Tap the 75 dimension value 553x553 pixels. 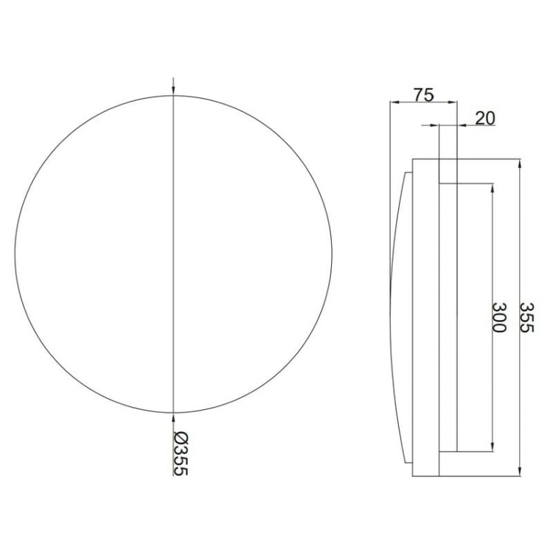pyautogui.click(x=422, y=94)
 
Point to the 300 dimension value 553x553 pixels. pyautogui.click(x=500, y=318)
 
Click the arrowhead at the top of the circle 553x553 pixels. pyautogui.click(x=173, y=91)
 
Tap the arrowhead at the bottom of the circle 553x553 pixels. pyautogui.click(x=173, y=415)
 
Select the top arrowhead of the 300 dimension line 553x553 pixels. pyautogui.click(x=492, y=187)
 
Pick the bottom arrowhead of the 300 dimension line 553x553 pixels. pyautogui.click(x=492, y=448)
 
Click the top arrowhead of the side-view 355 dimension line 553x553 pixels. pyautogui.click(x=521, y=163)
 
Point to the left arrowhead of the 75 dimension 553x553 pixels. pyautogui.click(x=393, y=102)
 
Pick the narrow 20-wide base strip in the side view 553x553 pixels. pyautogui.click(x=448, y=317)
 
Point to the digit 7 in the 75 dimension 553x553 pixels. pyautogui.click(x=417, y=94)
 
